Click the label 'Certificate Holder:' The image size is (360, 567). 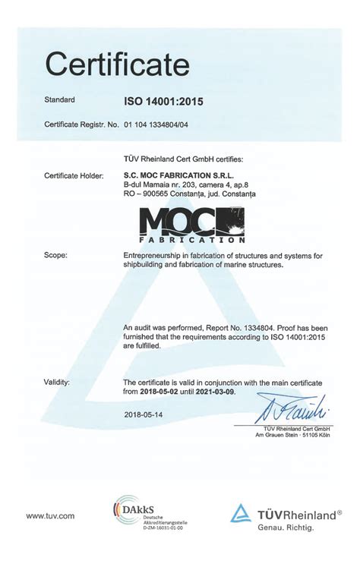point(74,176)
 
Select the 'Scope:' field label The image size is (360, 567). point(56,255)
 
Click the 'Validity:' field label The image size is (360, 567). point(58,382)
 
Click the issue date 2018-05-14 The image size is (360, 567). point(143,414)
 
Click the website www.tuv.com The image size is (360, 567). point(51,516)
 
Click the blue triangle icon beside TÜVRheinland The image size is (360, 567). point(241,513)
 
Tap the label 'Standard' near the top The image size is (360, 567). point(60,99)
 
